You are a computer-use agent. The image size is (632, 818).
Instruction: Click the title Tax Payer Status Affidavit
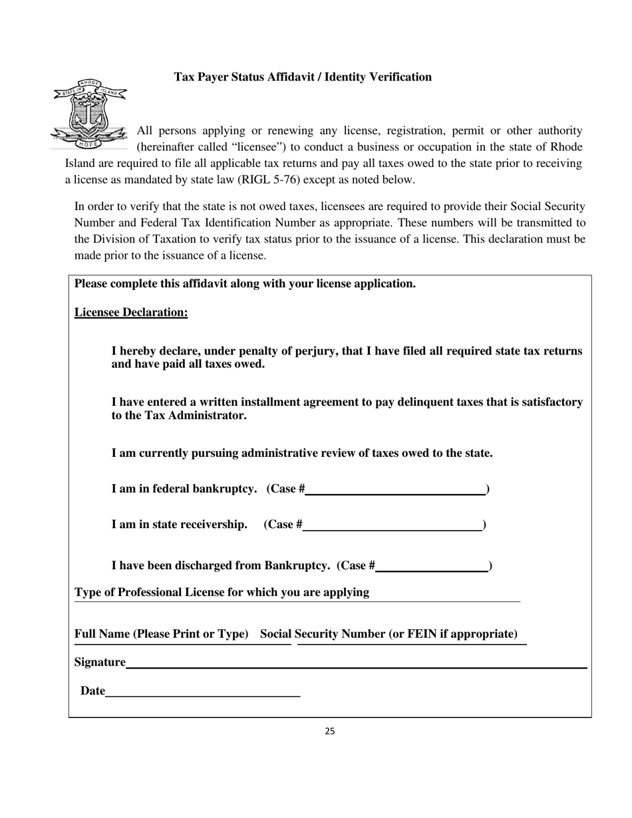(303, 77)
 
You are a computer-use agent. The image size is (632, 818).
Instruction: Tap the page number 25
(330, 732)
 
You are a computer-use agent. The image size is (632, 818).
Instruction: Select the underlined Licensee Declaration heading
(131, 313)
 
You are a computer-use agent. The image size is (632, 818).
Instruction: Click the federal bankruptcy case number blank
(395, 490)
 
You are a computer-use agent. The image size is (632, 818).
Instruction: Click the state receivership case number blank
(393, 525)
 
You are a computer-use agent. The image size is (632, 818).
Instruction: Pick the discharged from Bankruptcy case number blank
(432, 567)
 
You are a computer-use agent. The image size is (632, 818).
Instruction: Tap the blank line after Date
(203, 692)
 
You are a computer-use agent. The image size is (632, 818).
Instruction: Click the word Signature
(100, 662)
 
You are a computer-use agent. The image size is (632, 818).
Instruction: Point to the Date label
(92, 691)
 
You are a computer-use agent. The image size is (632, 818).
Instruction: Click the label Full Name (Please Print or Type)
(162, 634)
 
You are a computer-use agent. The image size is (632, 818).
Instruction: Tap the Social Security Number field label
(389, 634)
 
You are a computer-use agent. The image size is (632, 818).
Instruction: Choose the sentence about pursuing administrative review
(302, 454)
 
